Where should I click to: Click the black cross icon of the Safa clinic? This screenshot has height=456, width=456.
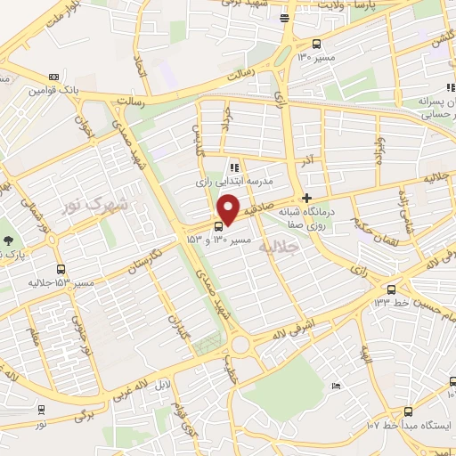click(x=307, y=198)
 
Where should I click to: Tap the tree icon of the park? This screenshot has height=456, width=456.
click(x=8, y=240)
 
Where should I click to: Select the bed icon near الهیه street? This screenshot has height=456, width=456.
click(x=335, y=386)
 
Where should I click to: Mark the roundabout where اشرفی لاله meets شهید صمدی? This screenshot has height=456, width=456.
click(x=239, y=345)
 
